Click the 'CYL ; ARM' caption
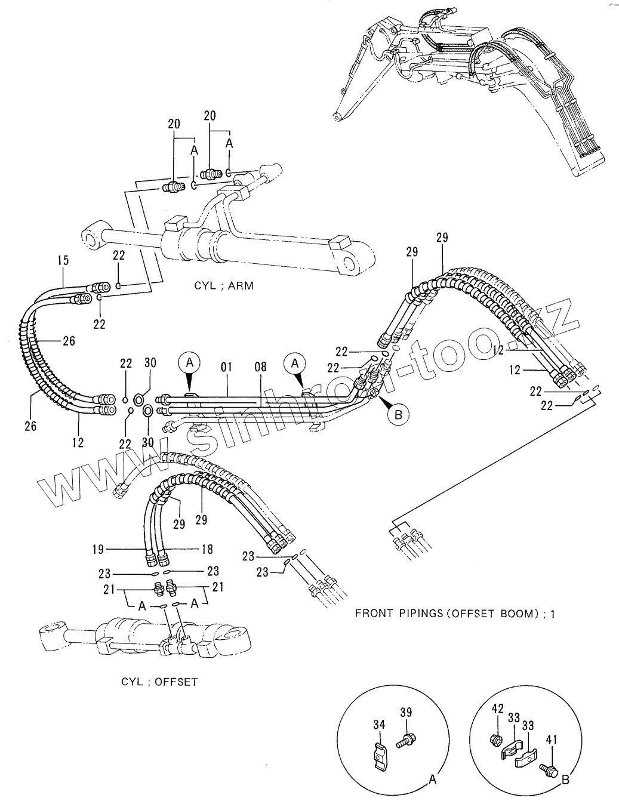[x=224, y=285]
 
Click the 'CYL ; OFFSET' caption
[x=159, y=681]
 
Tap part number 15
[x=63, y=261]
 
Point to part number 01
[x=226, y=366]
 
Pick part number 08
[x=260, y=366]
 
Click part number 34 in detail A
[x=379, y=725]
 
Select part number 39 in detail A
[x=406, y=713]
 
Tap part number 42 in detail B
[x=497, y=708]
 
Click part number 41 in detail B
[x=551, y=740]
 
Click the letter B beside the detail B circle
[x=565, y=779]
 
